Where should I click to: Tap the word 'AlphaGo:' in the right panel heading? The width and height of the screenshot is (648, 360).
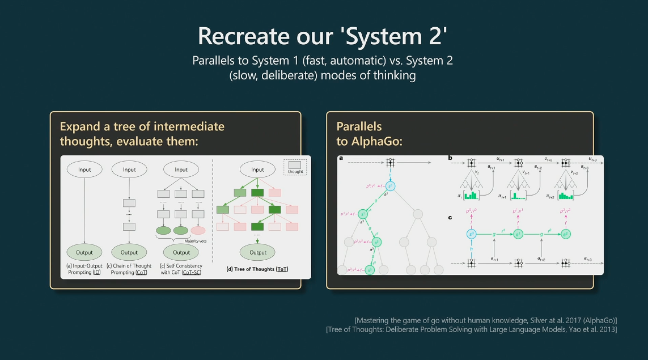(x=369, y=141)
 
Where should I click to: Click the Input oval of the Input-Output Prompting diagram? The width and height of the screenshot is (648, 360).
(x=84, y=170)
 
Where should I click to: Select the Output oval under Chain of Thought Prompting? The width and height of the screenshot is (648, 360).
(x=129, y=252)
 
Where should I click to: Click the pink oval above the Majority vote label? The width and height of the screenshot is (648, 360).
(x=198, y=230)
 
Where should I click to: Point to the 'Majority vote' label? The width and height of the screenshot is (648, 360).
(x=194, y=240)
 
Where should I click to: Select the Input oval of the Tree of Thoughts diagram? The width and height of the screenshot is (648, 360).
(x=257, y=170)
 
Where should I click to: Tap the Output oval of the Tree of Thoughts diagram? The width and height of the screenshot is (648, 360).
(x=257, y=252)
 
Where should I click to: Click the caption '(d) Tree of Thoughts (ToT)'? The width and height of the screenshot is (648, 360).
(x=257, y=269)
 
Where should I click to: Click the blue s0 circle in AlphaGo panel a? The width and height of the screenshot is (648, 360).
(x=391, y=185)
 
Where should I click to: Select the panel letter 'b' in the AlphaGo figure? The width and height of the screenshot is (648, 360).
(x=450, y=158)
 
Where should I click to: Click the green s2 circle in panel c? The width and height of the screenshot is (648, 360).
(x=565, y=234)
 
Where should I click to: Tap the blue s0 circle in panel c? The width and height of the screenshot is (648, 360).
(x=471, y=234)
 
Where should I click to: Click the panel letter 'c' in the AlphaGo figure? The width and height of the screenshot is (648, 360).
(x=450, y=217)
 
